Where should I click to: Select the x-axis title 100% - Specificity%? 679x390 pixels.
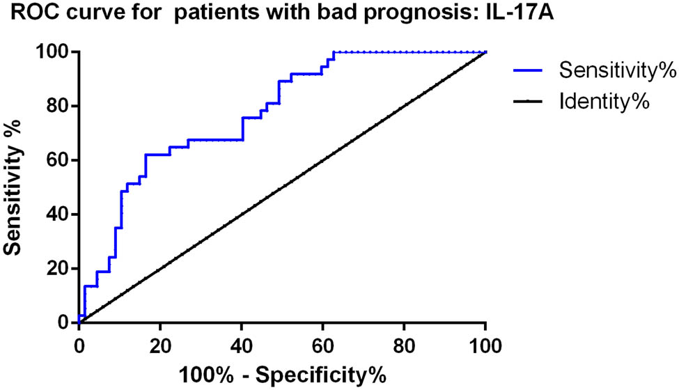282,374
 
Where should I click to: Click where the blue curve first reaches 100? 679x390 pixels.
334,52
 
